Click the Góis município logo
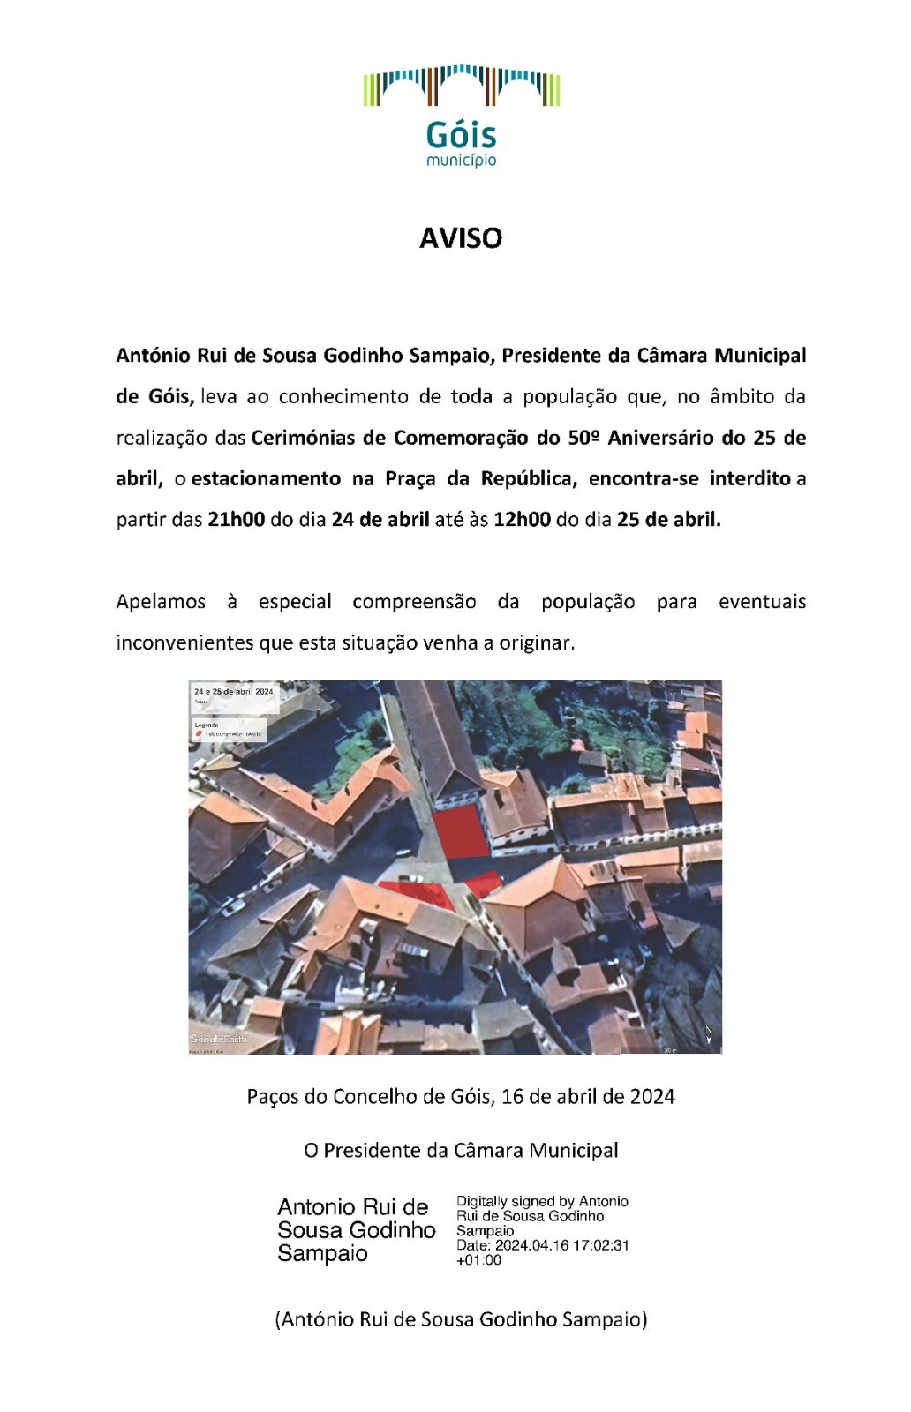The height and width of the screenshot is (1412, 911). (x=461, y=115)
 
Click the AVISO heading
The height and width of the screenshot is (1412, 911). (x=461, y=238)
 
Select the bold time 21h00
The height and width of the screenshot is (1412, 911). (x=236, y=520)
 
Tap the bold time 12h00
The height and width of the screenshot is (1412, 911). (x=522, y=520)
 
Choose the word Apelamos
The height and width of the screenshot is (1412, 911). (x=161, y=602)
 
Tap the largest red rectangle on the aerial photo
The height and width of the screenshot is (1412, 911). (x=460, y=831)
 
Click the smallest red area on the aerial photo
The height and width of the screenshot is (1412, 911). (x=484, y=882)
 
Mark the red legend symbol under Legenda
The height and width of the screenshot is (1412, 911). (x=200, y=734)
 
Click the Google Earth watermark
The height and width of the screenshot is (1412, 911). (x=218, y=1039)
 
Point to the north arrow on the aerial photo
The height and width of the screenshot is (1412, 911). (x=708, y=1035)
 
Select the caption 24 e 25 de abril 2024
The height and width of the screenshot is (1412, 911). (x=234, y=692)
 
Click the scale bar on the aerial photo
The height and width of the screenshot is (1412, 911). (x=669, y=1049)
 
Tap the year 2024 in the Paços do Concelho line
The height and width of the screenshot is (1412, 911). (x=652, y=1097)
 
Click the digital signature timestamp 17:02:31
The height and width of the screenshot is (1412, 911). (x=599, y=1246)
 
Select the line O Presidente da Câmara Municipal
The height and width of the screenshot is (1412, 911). (x=461, y=1151)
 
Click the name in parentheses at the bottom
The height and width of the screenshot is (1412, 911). (x=461, y=1319)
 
